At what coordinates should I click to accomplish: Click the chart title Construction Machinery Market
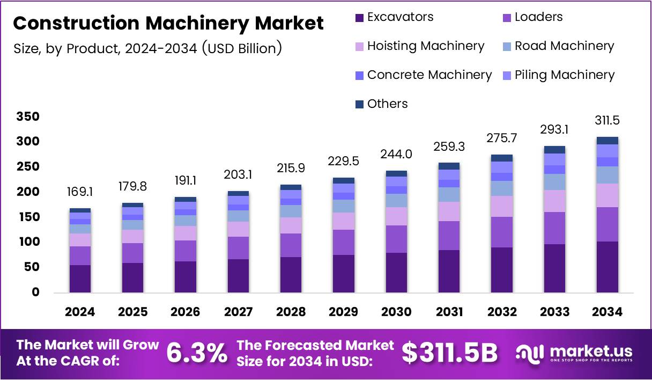click(x=168, y=23)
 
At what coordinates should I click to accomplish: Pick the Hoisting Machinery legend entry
click(x=419, y=46)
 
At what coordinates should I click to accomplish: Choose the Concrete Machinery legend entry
click(x=423, y=75)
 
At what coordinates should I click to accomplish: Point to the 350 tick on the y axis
click(x=27, y=117)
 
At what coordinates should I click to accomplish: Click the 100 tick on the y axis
click(x=27, y=242)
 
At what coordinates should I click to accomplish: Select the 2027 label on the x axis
click(x=238, y=312)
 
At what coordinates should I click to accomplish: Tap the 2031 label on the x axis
click(x=448, y=312)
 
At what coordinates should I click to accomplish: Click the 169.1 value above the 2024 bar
click(x=80, y=192)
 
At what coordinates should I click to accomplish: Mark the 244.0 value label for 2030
click(x=396, y=154)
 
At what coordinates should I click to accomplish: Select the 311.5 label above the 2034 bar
click(x=607, y=120)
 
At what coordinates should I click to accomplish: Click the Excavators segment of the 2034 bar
click(x=607, y=267)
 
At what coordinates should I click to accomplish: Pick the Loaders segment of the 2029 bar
click(x=343, y=242)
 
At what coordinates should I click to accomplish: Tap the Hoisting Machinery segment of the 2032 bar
click(x=501, y=206)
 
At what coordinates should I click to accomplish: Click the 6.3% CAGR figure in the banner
click(x=196, y=353)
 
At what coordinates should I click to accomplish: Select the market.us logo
click(x=574, y=353)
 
